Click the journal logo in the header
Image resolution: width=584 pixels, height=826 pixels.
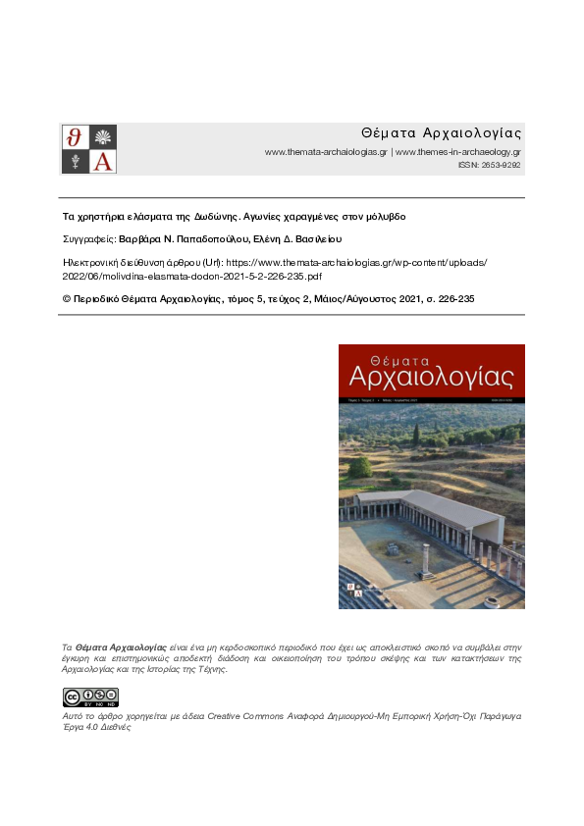coord(89,149)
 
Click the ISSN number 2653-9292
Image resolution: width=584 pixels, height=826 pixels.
coord(501,166)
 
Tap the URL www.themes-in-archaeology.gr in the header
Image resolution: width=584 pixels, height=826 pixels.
coord(457,152)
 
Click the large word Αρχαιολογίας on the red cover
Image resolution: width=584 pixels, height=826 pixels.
coord(432,377)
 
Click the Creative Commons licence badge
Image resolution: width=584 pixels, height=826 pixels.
coord(91,697)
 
